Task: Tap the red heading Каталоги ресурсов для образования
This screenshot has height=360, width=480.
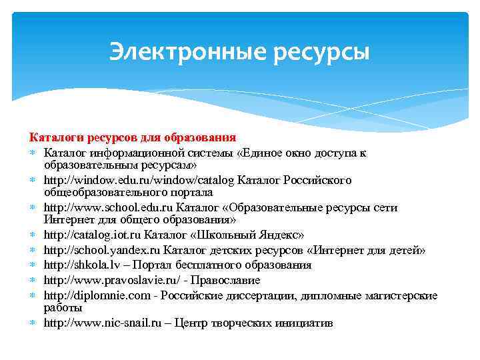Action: pyautogui.click(x=132, y=137)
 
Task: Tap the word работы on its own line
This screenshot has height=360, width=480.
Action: pyautogui.click(x=63, y=308)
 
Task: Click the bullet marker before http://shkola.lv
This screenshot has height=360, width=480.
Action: pyautogui.click(x=33, y=265)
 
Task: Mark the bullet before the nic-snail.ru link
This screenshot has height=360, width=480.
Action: pyautogui.click(x=33, y=324)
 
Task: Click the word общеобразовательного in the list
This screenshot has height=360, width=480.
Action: pyautogui.click(x=99, y=192)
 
